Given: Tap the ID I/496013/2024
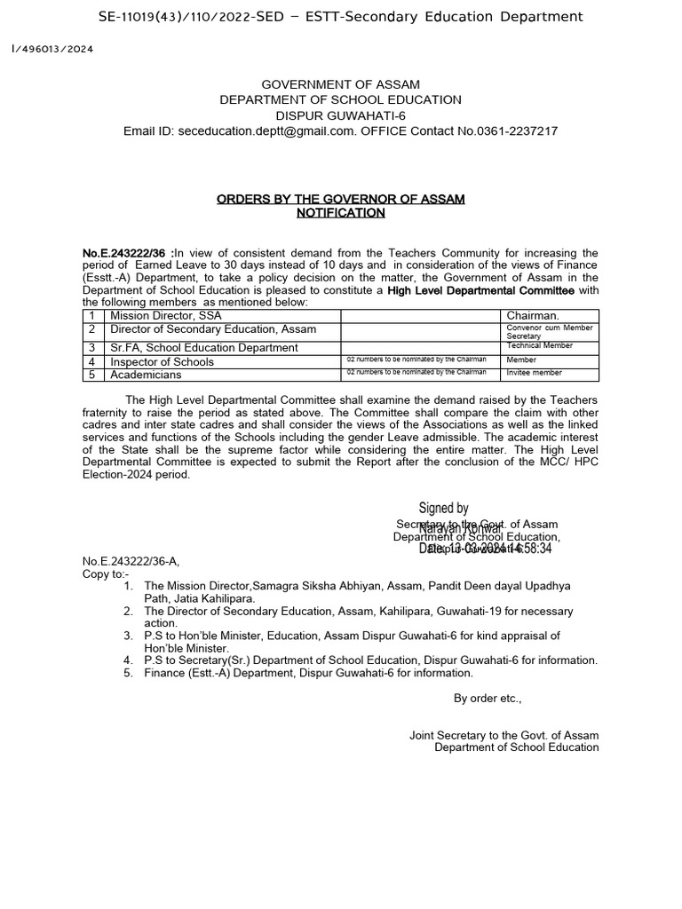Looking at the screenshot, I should pyautogui.click(x=52, y=49).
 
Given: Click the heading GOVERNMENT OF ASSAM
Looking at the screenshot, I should pyautogui.click(x=340, y=84).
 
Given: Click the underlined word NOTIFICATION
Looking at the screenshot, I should pyautogui.click(x=340, y=213).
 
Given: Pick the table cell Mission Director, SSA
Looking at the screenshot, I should pyautogui.click(x=166, y=315).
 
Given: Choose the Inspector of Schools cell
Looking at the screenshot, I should pyautogui.click(x=162, y=361).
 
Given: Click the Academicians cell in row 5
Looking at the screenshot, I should pyautogui.click(x=147, y=374).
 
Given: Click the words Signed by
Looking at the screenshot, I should pyautogui.click(x=443, y=509).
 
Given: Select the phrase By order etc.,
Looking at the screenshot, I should pyautogui.click(x=488, y=699).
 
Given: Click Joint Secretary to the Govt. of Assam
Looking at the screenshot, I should pyautogui.click(x=504, y=735).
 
